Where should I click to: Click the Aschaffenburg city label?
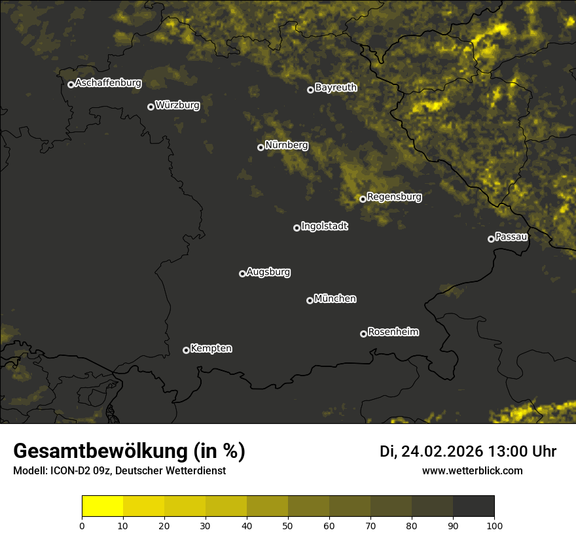coord(108,83)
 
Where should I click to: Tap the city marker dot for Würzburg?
coord(151,107)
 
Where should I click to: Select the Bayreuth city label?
coord(336,88)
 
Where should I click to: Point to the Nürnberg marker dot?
coord(261,147)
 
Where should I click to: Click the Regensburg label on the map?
coord(394,197)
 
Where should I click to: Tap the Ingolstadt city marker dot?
coord(297,228)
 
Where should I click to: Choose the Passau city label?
coord(511,237)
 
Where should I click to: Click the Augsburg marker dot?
coord(242,273)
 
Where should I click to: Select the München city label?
coord(335,299)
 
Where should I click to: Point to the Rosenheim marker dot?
coord(363,334)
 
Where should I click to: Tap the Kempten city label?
coord(211,349)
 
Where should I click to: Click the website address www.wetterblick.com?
coord(472,470)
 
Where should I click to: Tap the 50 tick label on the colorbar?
coord(288,525)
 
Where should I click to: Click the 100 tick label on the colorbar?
coord(494,525)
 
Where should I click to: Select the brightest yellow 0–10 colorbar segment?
coord(103,506)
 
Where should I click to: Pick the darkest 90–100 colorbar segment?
coord(473,506)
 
